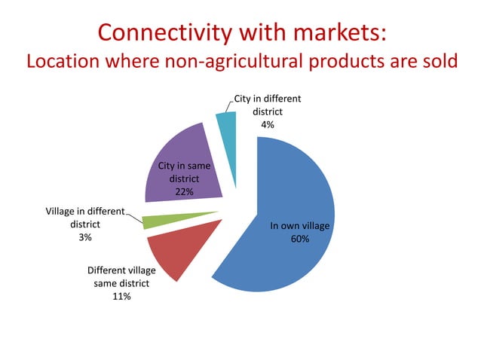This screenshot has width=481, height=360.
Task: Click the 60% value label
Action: (x=300, y=238)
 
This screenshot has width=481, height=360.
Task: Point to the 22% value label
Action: (x=184, y=192)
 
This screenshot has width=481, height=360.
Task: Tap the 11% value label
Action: (x=121, y=297)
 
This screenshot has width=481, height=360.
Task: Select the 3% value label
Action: (x=85, y=237)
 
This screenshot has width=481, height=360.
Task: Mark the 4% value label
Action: (x=267, y=125)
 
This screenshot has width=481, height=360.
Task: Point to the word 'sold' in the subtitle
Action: (x=438, y=61)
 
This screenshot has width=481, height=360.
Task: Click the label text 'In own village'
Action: (x=300, y=225)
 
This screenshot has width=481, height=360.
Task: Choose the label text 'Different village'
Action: (x=121, y=270)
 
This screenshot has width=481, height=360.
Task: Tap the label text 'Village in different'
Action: (x=84, y=211)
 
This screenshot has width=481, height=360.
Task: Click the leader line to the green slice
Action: (x=134, y=218)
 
